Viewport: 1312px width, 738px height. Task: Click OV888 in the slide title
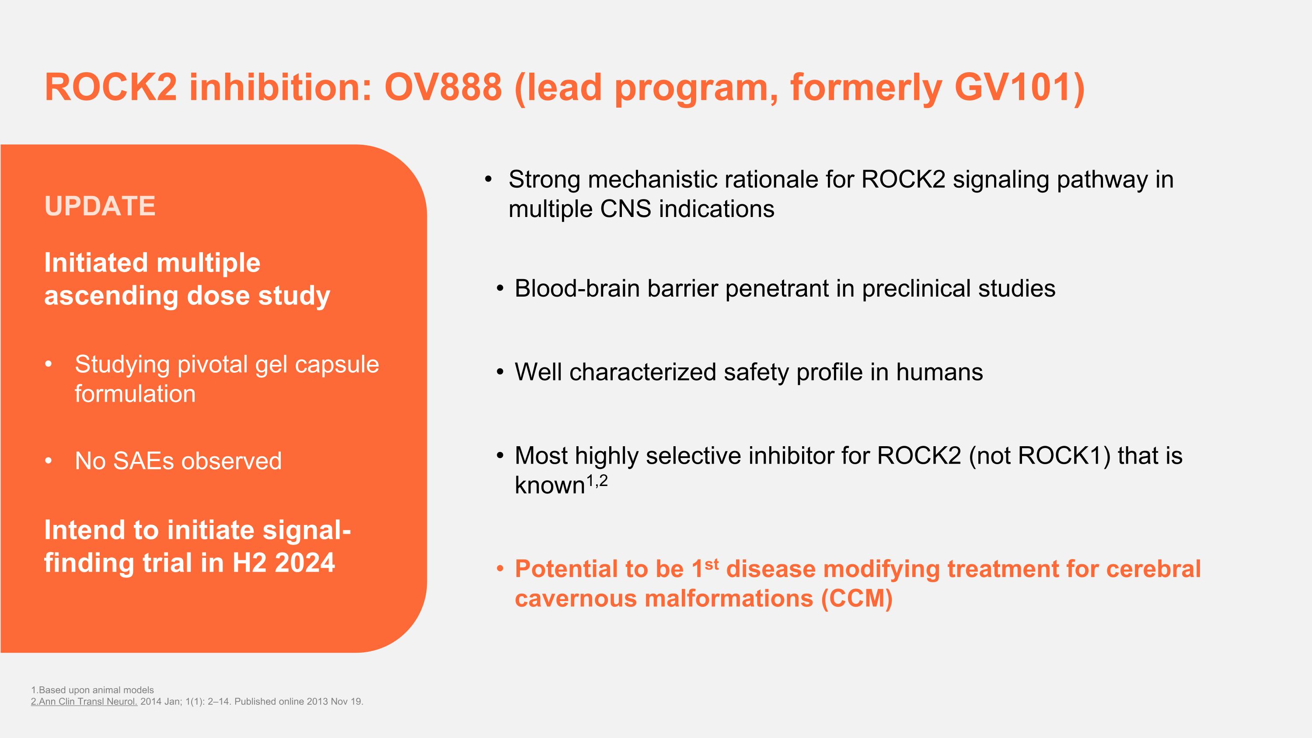443,87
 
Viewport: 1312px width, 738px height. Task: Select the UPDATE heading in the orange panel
100,206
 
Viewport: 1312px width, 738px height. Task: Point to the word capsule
337,365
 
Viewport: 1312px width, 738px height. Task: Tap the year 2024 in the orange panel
304,563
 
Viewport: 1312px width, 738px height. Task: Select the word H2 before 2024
249,563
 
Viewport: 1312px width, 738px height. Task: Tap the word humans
939,372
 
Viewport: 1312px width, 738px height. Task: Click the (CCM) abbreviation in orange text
856,598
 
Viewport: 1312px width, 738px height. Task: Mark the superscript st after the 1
712,564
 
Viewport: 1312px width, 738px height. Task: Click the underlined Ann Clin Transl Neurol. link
84,701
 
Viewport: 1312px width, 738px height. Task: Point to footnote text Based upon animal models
96,690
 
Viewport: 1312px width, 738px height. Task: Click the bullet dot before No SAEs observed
49,462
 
